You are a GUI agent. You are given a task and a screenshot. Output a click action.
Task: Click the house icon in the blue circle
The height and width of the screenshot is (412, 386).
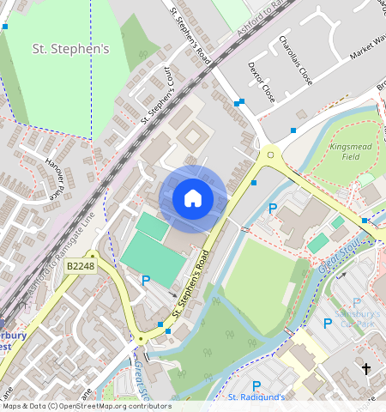pos(193,198)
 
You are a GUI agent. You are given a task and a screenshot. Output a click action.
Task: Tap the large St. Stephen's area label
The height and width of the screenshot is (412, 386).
pos(71,49)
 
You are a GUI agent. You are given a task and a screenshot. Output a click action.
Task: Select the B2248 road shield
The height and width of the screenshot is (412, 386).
pos(80,268)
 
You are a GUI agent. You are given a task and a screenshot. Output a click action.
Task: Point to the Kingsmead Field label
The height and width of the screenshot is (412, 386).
pos(349,152)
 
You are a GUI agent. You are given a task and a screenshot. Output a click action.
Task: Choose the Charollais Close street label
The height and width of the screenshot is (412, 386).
pos(293,59)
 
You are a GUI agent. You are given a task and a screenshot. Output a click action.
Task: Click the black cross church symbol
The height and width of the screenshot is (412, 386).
pos(367,369)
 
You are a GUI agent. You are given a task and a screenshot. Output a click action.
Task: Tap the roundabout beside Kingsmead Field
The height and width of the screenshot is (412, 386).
pos(272,156)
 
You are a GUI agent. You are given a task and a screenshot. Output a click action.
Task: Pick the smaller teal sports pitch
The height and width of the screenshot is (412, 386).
pos(152,227)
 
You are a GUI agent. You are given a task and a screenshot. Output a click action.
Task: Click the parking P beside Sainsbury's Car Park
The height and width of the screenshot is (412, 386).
pos(328,323)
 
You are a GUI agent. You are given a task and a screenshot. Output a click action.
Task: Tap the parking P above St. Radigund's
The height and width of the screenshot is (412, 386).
pos(256,385)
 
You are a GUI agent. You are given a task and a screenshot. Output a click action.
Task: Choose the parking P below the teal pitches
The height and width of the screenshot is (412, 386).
pos(146,281)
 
